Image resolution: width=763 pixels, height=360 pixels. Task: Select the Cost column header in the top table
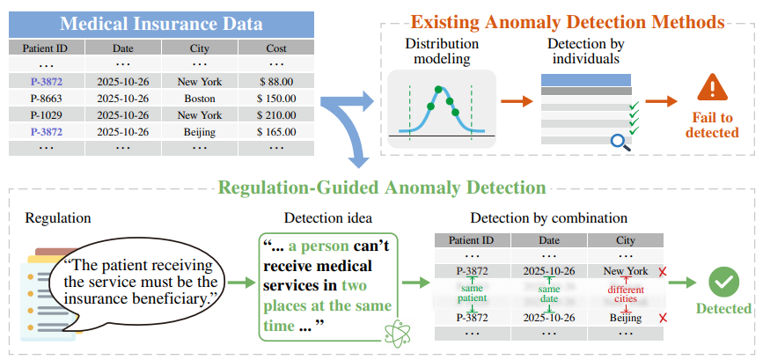277,48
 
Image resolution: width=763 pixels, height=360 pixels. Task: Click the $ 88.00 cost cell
277,81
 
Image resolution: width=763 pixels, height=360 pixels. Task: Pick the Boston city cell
200,98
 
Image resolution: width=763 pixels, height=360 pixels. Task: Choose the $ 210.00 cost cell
277,114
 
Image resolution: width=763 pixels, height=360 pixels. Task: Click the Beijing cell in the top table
200,131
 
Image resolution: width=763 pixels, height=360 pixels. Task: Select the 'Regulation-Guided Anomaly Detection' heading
381,187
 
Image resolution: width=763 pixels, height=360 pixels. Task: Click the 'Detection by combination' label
549,217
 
